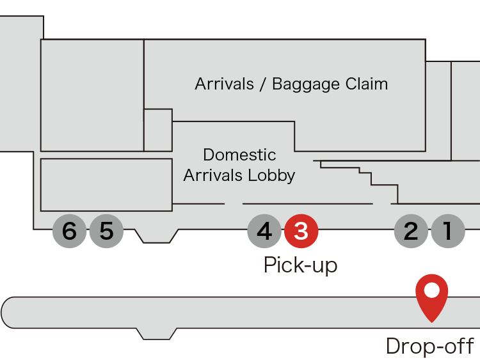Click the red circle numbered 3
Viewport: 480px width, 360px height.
(301, 231)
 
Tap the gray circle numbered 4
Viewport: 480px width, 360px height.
(264, 231)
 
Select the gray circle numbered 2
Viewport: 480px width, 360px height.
(411, 231)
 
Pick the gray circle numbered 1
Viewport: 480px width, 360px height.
(448, 231)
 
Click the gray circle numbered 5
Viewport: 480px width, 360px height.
(106, 231)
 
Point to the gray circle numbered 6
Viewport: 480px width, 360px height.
(69, 231)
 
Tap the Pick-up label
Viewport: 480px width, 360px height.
(300, 265)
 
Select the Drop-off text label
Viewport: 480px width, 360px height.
(429, 347)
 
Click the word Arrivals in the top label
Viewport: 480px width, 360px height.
(225, 84)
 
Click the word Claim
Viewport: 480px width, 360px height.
(366, 84)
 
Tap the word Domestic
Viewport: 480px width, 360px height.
(239, 155)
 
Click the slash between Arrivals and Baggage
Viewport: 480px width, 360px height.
(263, 84)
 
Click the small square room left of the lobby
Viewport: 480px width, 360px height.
(157, 130)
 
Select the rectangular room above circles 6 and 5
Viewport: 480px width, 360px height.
(106, 185)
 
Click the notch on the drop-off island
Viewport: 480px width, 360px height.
(157, 334)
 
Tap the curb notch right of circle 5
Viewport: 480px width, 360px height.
(157, 236)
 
